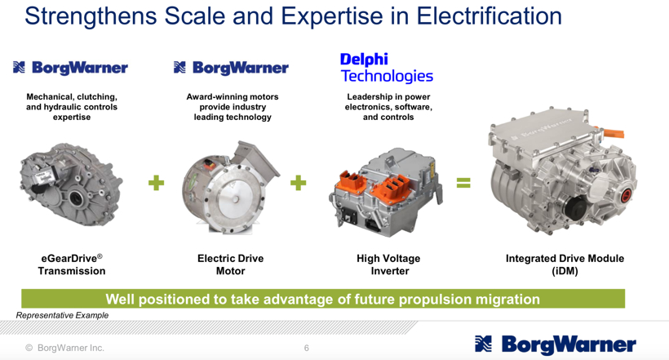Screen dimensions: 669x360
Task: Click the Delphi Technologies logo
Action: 387,68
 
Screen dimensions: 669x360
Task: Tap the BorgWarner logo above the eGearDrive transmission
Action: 70,68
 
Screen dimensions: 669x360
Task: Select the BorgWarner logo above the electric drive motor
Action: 231,68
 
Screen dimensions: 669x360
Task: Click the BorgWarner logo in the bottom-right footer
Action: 556,344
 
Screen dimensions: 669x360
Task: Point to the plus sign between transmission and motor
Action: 156,183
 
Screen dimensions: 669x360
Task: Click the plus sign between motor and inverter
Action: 299,183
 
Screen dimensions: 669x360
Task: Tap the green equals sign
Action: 463,183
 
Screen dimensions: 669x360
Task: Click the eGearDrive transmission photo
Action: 71,184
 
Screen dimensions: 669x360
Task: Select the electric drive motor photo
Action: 230,187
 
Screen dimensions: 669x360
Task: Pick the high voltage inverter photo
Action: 386,193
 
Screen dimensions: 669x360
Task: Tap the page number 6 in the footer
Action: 306,348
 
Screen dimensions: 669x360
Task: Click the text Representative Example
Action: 62,315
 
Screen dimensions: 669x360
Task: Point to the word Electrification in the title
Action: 489,16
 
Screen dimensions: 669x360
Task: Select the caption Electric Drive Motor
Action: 230,264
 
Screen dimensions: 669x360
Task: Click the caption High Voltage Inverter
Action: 388,264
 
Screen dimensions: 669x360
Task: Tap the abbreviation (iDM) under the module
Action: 565,271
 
